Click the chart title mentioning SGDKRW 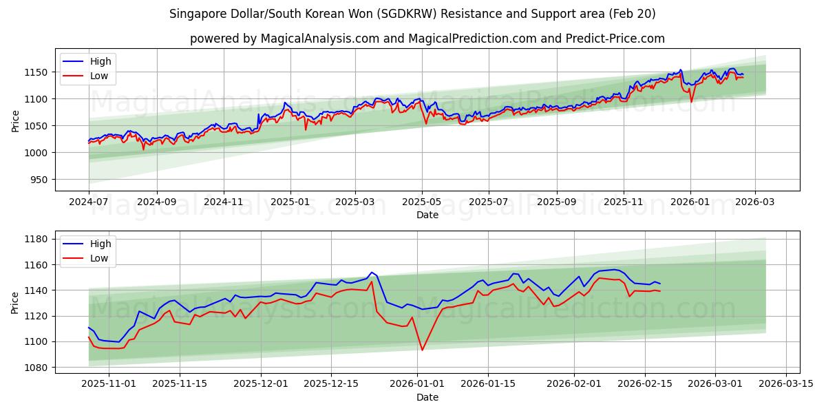[x=412, y=14]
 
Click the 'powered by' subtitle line [x=427, y=39]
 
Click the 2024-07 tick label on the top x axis [x=89, y=202]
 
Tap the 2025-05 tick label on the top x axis [x=421, y=202]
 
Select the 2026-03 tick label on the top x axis [x=754, y=202]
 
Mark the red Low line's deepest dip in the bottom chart [x=422, y=350]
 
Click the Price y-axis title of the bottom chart [x=16, y=302]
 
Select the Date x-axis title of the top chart [x=427, y=215]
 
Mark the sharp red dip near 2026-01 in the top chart [x=691, y=102]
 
